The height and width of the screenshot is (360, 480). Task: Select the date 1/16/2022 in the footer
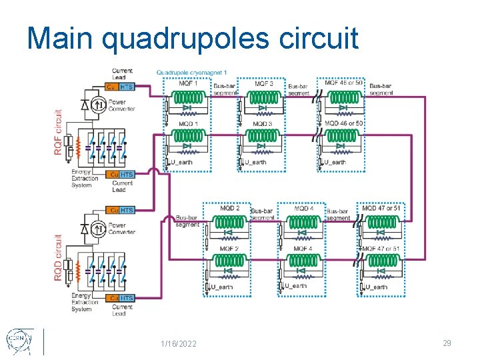point(179,343)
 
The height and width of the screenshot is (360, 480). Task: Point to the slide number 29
point(447,343)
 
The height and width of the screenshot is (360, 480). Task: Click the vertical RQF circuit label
point(59,132)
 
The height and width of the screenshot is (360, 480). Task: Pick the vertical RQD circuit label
point(59,257)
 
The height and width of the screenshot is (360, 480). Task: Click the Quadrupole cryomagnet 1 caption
point(192,72)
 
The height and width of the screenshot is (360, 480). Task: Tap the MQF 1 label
point(188,84)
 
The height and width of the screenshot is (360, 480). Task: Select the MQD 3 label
point(263,124)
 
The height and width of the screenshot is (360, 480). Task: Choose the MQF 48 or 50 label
point(345,83)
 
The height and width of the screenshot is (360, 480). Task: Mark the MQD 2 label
point(229,209)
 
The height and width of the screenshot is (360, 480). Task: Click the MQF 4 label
point(303,249)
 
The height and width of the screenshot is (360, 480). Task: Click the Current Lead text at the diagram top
point(122,74)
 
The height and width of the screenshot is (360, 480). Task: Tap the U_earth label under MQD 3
point(256,162)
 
